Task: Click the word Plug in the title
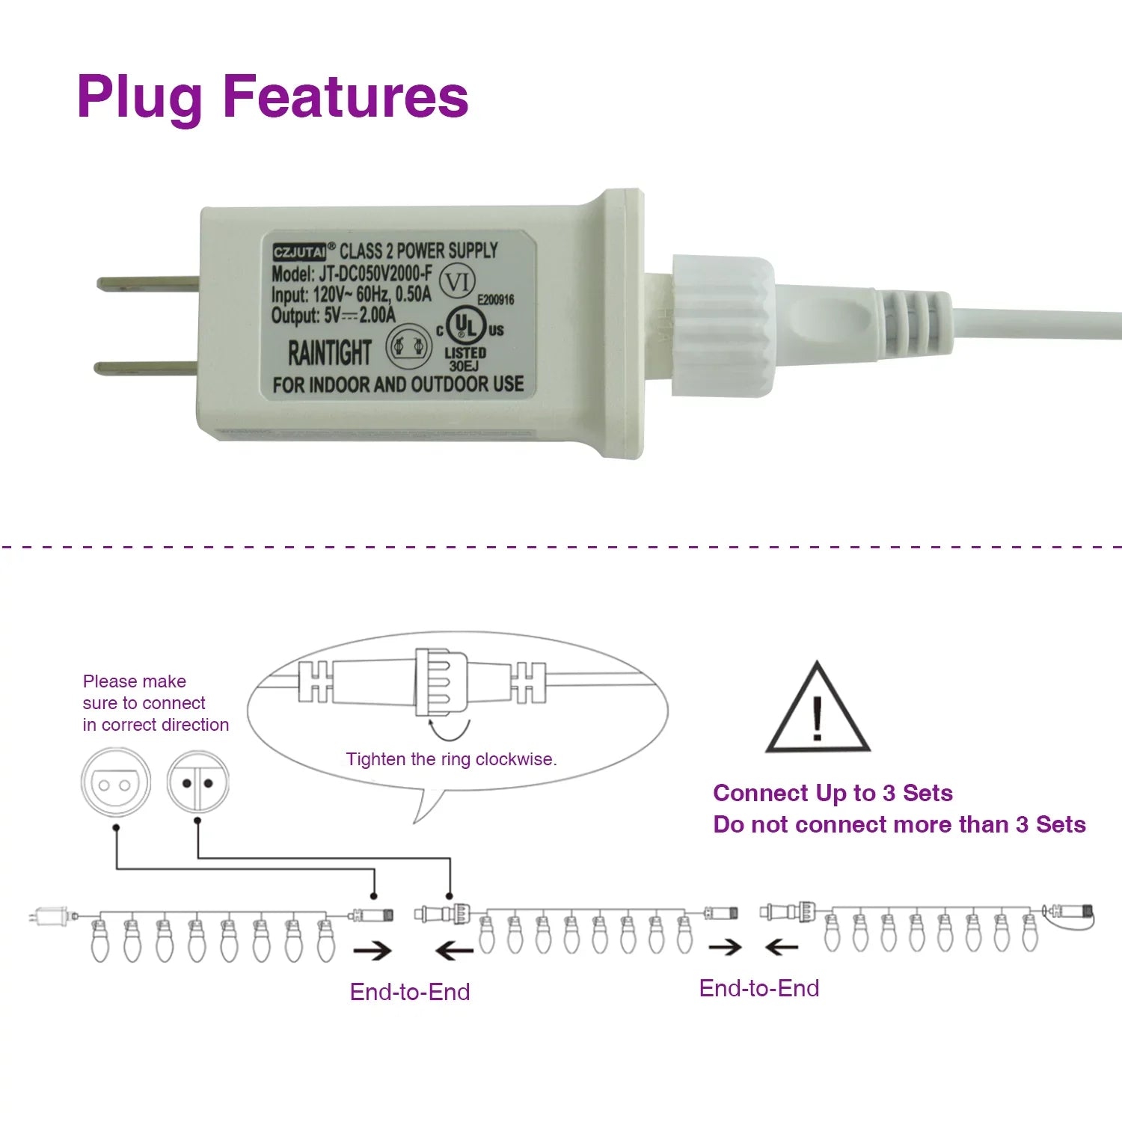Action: (140, 98)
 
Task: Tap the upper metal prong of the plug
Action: (148, 284)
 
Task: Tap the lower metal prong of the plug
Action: (147, 367)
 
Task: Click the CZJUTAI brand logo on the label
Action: (299, 252)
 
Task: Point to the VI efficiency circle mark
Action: (456, 283)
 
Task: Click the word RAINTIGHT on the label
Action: (330, 352)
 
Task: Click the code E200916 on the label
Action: (496, 300)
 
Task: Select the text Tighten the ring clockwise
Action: (452, 759)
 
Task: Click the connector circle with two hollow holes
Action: (116, 784)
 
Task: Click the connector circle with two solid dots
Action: (197, 784)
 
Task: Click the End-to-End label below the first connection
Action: (410, 992)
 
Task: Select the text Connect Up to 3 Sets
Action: (833, 793)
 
